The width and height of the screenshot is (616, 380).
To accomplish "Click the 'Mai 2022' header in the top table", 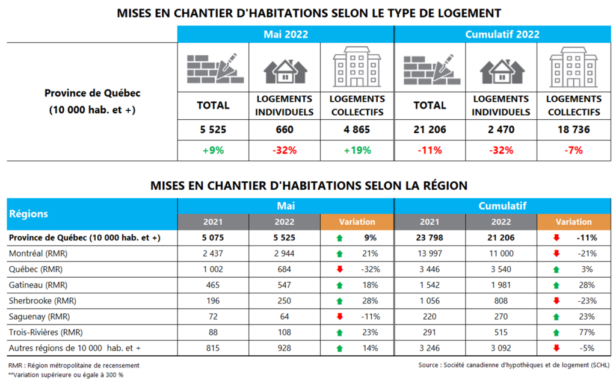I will [x=285, y=34].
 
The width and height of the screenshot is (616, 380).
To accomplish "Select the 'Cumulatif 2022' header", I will [x=502, y=34].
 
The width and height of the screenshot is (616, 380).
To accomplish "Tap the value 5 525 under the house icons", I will [x=213, y=129].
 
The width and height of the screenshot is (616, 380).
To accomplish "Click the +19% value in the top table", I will [x=357, y=150].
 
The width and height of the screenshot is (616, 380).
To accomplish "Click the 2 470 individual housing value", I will [x=500, y=129].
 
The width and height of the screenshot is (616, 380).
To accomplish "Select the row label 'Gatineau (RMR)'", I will [x=35, y=285].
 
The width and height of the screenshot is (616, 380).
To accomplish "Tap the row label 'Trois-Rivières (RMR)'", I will [x=45, y=332].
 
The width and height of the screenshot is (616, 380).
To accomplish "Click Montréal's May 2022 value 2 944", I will [x=285, y=254].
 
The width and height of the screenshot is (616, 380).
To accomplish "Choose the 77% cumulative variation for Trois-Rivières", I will [x=587, y=332].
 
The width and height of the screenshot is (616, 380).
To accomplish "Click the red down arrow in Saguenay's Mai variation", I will [x=340, y=316].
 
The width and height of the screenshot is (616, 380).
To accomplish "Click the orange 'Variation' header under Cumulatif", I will [x=573, y=222].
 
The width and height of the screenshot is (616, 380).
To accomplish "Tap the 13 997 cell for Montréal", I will [x=429, y=254].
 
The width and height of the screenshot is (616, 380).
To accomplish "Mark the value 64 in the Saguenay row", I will [x=285, y=316].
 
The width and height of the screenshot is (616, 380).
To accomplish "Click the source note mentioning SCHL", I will [x=514, y=365].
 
